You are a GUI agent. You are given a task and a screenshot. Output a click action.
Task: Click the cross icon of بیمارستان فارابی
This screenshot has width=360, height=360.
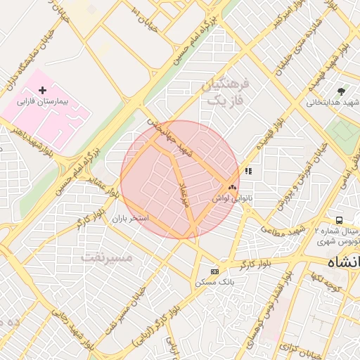click(x=43, y=90)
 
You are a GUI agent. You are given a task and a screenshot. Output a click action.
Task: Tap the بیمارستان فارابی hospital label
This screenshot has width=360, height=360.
click(x=44, y=102)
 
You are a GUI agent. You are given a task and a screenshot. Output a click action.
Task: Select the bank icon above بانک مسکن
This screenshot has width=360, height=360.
click(x=214, y=271)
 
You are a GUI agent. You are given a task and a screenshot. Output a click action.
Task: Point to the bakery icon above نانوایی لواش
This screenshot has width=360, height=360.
click(x=232, y=188)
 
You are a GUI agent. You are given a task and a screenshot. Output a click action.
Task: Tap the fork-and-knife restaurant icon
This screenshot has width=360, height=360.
click(x=247, y=171)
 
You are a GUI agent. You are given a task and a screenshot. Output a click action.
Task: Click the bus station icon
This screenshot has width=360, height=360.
click(x=340, y=220)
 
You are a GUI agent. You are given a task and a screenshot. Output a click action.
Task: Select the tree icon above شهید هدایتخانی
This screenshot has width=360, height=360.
click(x=342, y=91)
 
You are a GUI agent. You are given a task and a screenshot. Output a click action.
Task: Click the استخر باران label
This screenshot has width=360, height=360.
click(x=131, y=219)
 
